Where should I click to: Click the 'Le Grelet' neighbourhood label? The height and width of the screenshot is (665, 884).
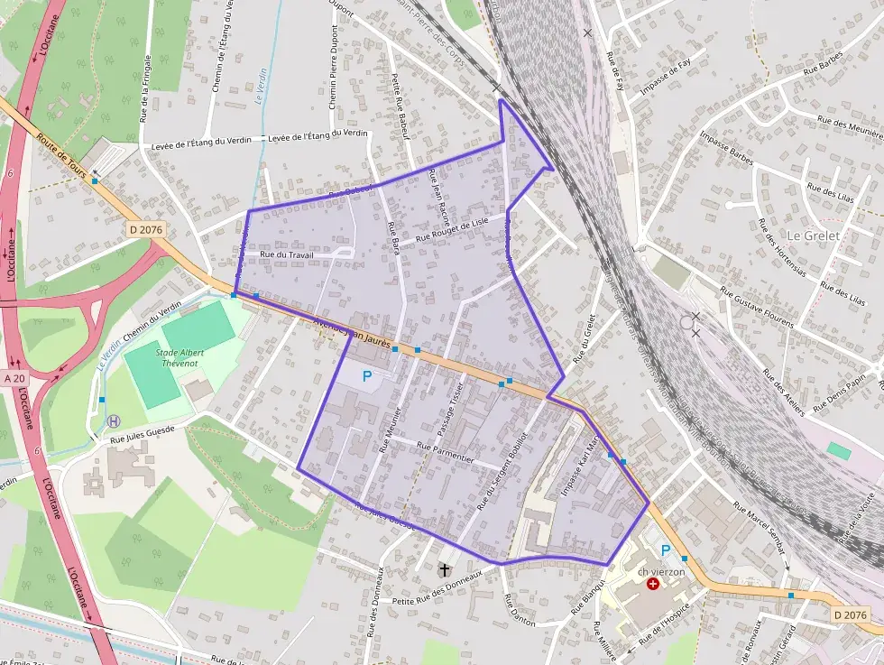813,236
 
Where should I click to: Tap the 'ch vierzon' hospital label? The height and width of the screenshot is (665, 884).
661,572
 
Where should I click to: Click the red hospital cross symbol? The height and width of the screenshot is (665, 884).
653,585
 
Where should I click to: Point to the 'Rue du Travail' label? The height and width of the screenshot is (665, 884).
286,255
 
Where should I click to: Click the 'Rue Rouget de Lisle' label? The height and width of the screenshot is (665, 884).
451,230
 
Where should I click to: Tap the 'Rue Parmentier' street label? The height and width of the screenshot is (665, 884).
445,451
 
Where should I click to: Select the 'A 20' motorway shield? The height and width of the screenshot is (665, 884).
16,378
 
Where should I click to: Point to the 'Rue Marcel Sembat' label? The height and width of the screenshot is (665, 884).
760,526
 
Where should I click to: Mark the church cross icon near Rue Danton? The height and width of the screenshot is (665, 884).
444,569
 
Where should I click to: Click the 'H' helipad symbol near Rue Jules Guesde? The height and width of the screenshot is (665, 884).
114,420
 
